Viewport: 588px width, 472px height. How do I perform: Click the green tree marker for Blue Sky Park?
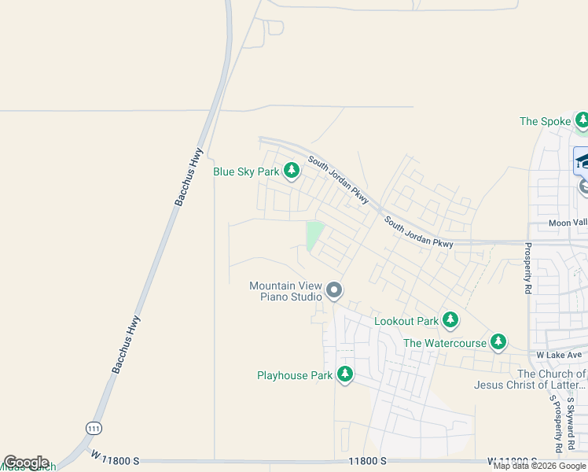292,171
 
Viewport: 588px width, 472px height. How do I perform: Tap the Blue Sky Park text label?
246,171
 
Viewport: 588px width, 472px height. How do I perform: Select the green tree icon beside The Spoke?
582,121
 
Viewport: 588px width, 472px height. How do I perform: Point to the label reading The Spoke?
545,122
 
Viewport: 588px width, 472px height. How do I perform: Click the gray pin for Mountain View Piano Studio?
334,291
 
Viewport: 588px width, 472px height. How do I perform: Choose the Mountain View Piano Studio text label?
285,291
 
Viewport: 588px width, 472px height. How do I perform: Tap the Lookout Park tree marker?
450,320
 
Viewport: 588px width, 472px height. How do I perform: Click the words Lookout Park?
406,321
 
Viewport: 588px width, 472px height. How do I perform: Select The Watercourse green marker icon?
498,342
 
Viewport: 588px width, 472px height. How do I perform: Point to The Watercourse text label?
445,343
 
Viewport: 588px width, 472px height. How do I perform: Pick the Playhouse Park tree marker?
344,374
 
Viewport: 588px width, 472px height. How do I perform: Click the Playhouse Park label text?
295,375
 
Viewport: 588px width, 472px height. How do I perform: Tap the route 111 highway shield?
93,427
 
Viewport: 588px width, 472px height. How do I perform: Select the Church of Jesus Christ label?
530,380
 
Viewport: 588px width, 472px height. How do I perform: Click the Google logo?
26,463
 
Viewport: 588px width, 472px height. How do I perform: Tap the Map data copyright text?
540,466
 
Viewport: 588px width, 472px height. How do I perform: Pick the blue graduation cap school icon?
582,160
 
